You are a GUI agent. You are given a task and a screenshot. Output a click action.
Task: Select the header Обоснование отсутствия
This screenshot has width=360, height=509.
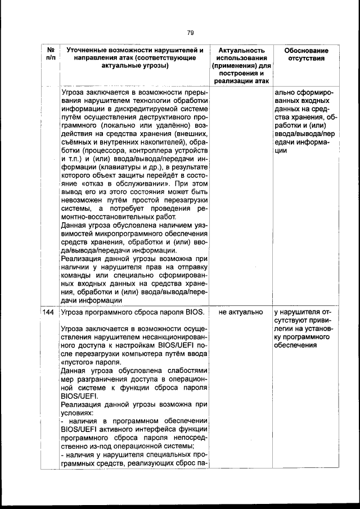(306, 55)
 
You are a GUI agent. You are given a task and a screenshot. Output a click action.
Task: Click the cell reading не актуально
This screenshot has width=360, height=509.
(241, 311)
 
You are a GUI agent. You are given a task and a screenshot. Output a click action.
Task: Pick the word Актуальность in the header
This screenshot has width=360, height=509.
(241, 51)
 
